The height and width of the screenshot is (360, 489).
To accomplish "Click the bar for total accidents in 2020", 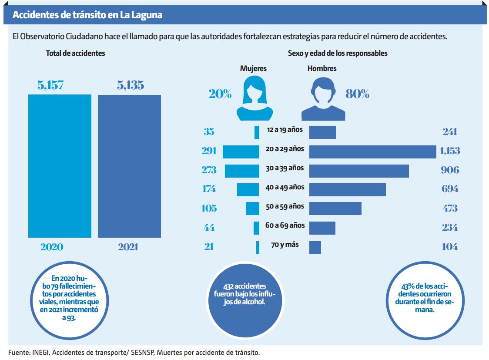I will coord(60,166).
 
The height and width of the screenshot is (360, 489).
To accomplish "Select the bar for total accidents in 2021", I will coord(129,166).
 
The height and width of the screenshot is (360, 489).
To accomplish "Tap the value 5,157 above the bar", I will coord(50,85).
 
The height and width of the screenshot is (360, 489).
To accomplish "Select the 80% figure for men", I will coord(357,94).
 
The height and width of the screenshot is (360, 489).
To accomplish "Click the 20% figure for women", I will coord(220,94).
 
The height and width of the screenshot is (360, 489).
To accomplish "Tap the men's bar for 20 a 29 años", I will coord(372,151).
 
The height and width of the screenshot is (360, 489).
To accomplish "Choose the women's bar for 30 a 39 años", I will coord(242,171).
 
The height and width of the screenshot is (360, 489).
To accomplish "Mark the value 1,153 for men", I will coord(449,151).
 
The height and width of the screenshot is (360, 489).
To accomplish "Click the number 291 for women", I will coord(209,151).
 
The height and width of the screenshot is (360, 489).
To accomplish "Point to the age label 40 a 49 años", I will coord(285,187).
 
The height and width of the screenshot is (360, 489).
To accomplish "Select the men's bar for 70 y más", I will coord(315,247).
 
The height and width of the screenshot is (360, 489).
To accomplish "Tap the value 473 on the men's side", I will coord(449,208).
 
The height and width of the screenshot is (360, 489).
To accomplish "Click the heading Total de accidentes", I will coord(75,53).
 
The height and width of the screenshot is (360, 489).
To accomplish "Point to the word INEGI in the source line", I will coord(40,352).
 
